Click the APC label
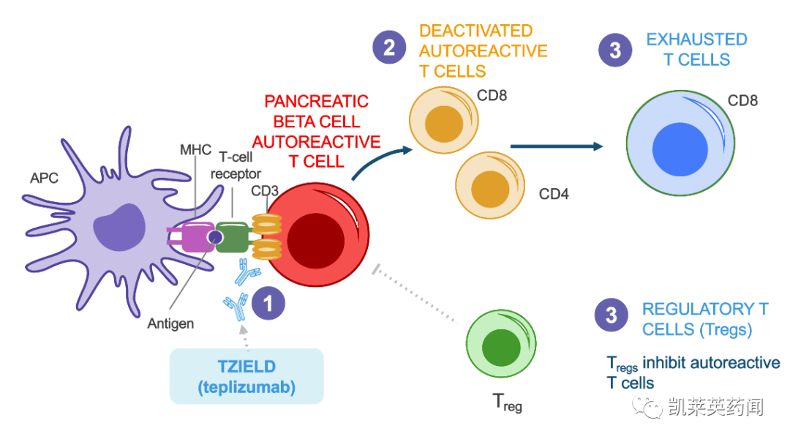[x=44, y=178]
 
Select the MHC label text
[x=195, y=150]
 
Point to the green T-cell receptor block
[x=231, y=238]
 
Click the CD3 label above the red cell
[x=266, y=192]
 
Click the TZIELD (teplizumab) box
[x=247, y=376]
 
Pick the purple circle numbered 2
[x=389, y=48]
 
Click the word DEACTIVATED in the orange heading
[x=475, y=31]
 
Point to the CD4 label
[x=554, y=194]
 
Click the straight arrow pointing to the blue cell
[x=556, y=146]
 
